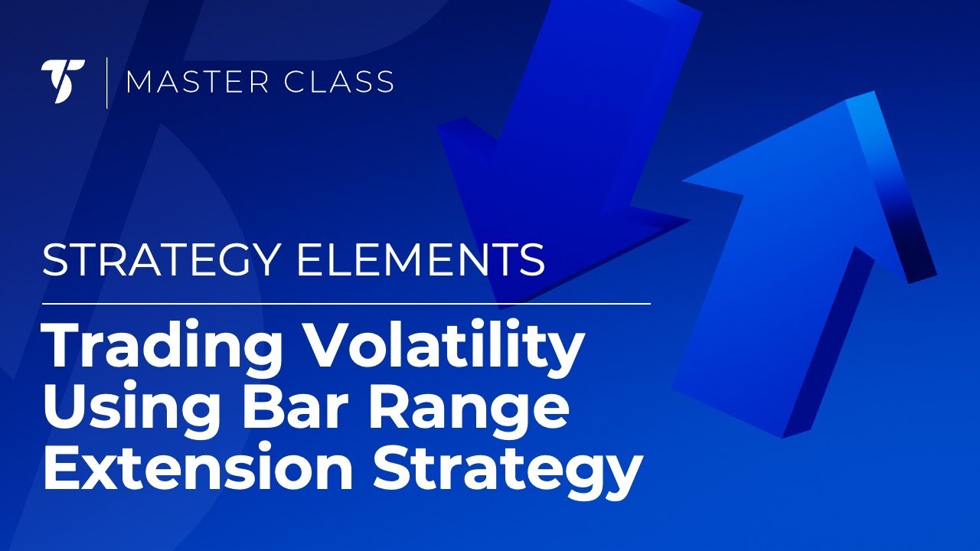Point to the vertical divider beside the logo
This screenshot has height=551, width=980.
[106, 81]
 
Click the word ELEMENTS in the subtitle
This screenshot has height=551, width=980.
[421, 261]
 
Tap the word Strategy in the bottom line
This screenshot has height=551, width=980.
[506, 468]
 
